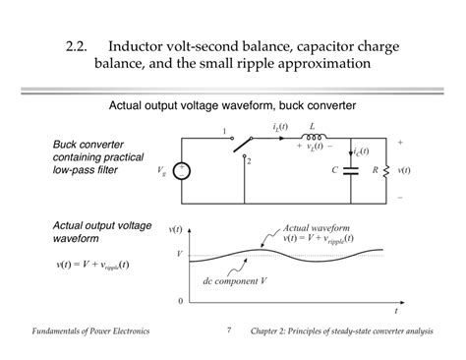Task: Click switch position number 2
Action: point(250,159)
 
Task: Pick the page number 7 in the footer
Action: point(228,330)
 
